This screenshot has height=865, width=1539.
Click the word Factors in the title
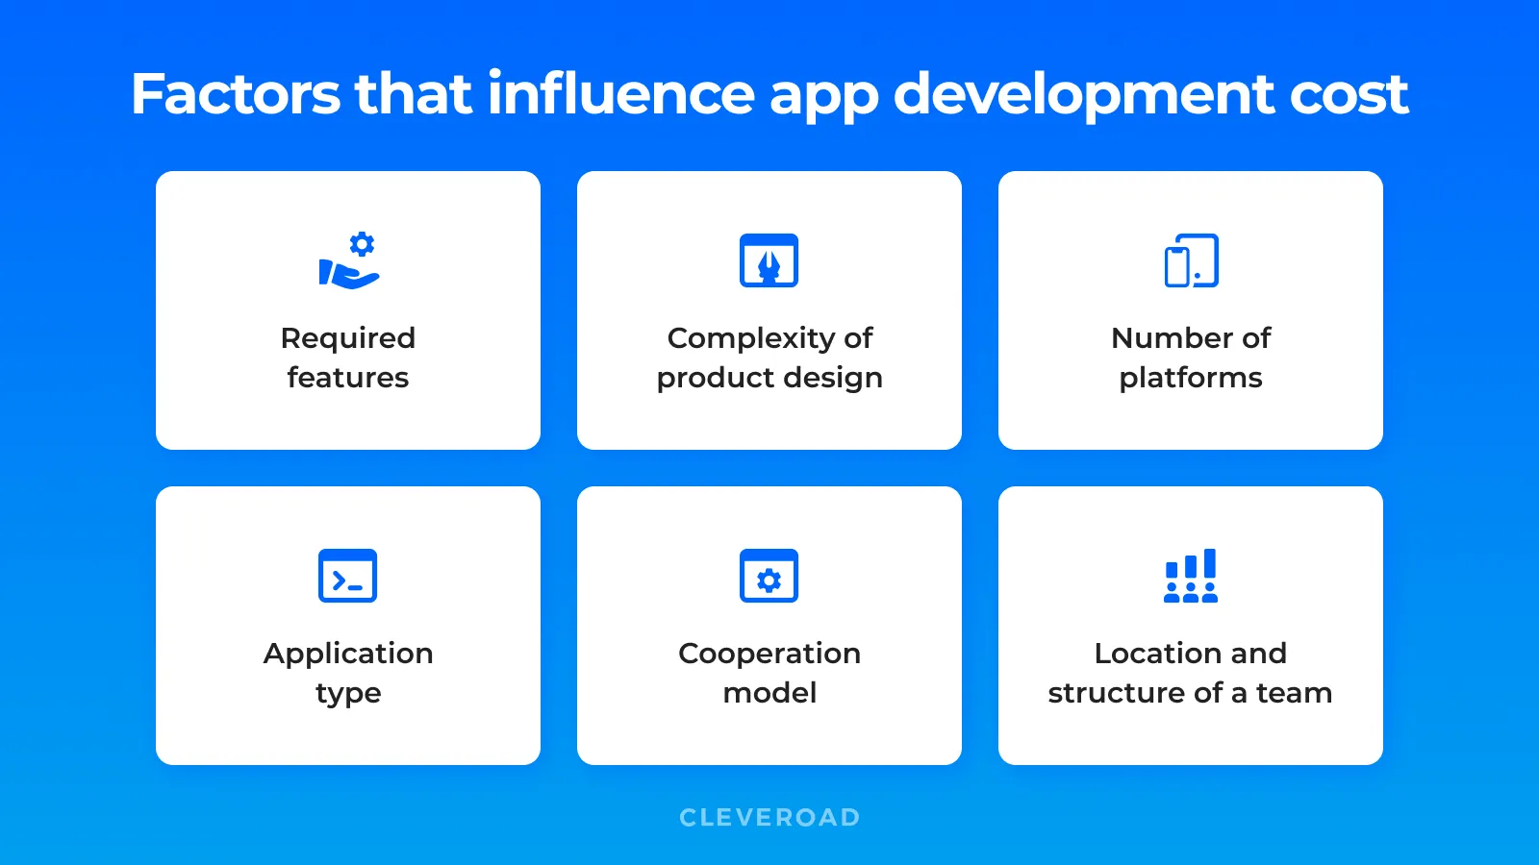[236, 94]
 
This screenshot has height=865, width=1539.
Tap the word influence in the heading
[620, 94]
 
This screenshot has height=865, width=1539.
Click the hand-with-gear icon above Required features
[349, 260]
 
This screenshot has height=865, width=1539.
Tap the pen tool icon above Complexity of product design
[769, 260]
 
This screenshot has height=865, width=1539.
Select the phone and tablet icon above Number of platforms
[1191, 260]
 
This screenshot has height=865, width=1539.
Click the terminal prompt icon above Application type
[347, 576]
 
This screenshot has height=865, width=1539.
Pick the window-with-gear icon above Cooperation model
[769, 576]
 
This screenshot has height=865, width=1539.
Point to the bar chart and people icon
[1191, 576]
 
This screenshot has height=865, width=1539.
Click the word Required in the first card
[348, 338]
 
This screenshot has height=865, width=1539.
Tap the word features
[348, 378]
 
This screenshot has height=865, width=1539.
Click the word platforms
[1191, 378]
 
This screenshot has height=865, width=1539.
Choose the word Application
[348, 654]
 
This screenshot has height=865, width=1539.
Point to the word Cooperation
[769, 654]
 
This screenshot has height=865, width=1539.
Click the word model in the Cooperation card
[769, 693]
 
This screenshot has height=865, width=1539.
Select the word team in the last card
[1294, 693]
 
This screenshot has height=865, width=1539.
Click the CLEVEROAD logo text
[769, 818]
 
